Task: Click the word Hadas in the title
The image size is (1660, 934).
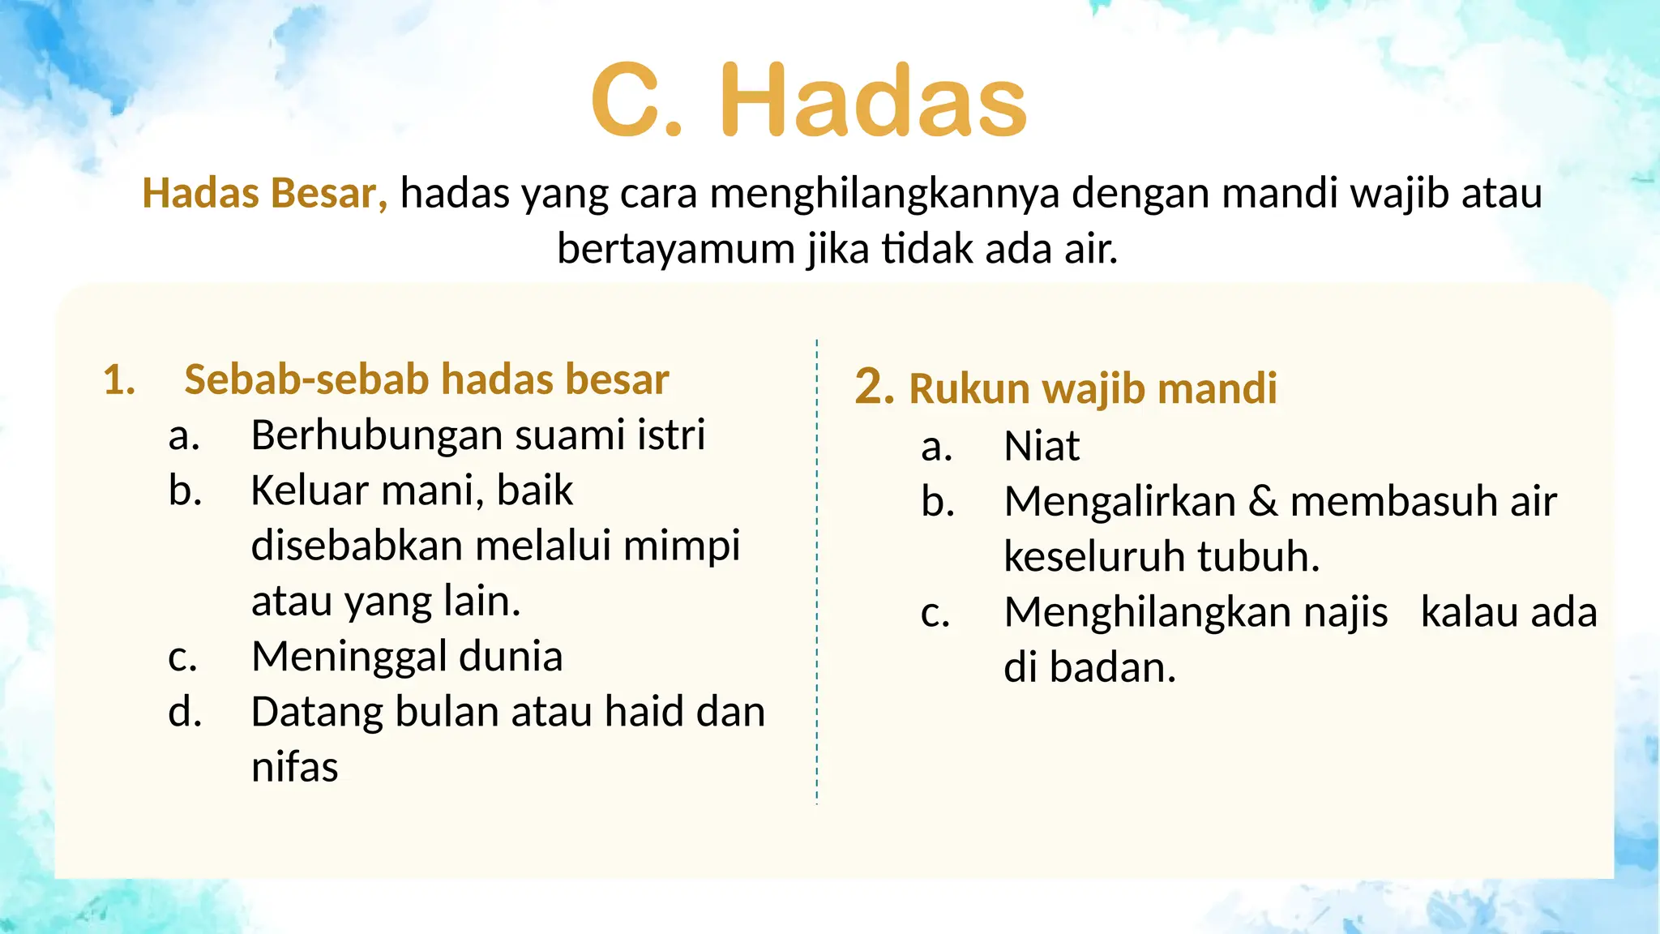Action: click(x=874, y=102)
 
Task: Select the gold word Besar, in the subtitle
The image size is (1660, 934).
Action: click(x=329, y=194)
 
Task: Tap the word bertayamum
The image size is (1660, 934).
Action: click(x=676, y=249)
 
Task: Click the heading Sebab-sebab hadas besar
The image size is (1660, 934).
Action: click(x=426, y=379)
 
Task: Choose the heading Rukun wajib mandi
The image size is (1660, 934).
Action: click(x=1093, y=388)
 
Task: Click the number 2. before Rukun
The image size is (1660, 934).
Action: click(x=874, y=387)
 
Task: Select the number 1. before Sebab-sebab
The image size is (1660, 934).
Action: click(x=119, y=380)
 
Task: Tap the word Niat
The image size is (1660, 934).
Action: click(x=1042, y=447)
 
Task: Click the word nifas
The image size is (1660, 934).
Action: click(x=294, y=767)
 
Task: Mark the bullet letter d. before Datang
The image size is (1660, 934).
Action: click(x=185, y=712)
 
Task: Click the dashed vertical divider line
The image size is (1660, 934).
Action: click(x=817, y=568)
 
